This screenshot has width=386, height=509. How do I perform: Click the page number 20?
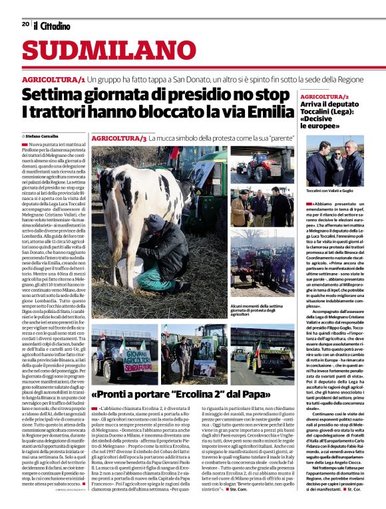pyautogui.click(x=25, y=24)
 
